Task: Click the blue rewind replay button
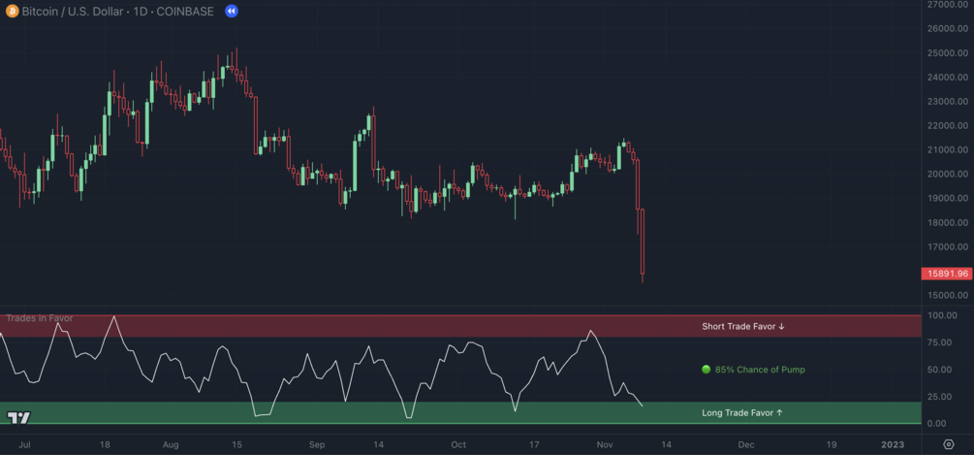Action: click(x=232, y=11)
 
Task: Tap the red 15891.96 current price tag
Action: click(x=947, y=274)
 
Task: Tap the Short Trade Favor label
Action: click(x=742, y=327)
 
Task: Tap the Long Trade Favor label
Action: click(x=741, y=413)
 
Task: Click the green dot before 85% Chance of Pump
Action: click(x=707, y=370)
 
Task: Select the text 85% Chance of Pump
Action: click(x=760, y=370)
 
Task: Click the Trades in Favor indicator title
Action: click(x=40, y=318)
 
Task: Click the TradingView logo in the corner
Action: click(x=18, y=417)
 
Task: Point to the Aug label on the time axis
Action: click(x=171, y=444)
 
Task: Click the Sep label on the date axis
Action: click(x=317, y=444)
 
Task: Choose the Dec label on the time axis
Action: click(x=745, y=444)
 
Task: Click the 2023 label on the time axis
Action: click(x=892, y=444)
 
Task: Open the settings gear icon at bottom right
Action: click(x=949, y=444)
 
